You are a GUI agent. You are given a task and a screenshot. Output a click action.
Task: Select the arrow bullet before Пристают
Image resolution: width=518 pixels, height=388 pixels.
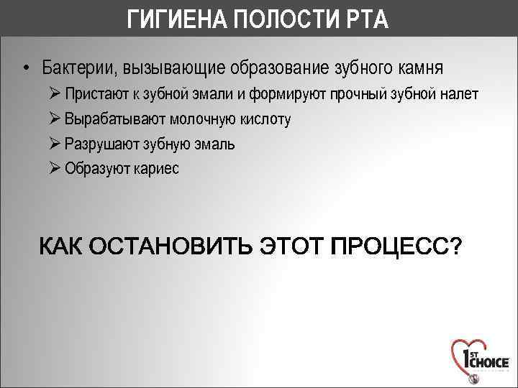click(56, 94)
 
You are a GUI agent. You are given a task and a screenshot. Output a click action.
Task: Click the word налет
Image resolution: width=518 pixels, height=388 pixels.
click(458, 94)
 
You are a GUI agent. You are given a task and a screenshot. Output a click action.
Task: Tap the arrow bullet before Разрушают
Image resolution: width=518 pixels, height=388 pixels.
click(56, 144)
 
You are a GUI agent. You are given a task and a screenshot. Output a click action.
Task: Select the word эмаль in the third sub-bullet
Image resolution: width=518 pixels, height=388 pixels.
click(215, 144)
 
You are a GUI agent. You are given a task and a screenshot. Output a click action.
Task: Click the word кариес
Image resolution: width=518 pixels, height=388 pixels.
click(158, 169)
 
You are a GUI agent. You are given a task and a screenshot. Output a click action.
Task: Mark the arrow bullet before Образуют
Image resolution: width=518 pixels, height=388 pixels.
click(56, 169)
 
